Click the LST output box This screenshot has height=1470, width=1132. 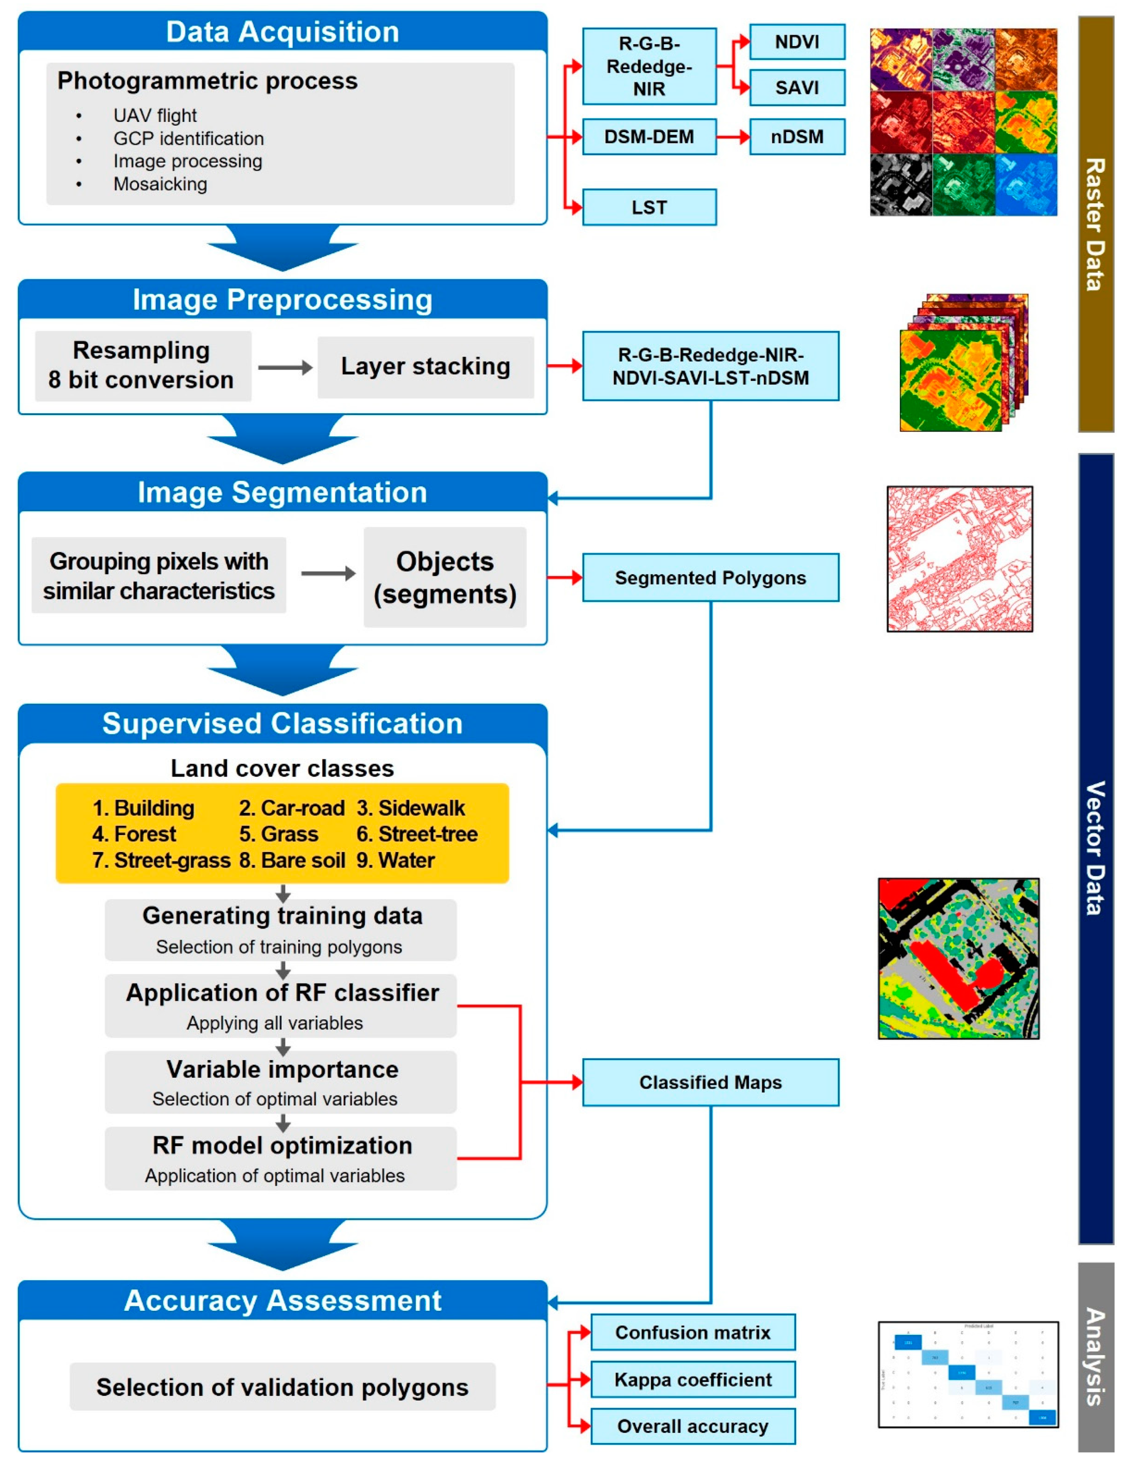[x=649, y=208]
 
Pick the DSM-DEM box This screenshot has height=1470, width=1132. [x=649, y=137]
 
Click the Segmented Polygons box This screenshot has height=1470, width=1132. [x=710, y=578]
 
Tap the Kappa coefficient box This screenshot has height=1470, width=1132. [x=692, y=1380]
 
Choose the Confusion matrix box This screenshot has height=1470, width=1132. [x=692, y=1332]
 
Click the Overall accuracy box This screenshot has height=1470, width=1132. [x=692, y=1426]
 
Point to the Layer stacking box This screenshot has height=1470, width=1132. [x=425, y=367]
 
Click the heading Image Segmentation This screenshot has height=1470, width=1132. [x=282, y=493]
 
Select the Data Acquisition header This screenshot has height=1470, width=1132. [x=282, y=32]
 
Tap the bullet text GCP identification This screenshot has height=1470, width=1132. [x=188, y=138]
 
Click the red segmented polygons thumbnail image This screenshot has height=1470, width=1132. [x=959, y=559]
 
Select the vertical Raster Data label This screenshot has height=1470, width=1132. [x=1095, y=224]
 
